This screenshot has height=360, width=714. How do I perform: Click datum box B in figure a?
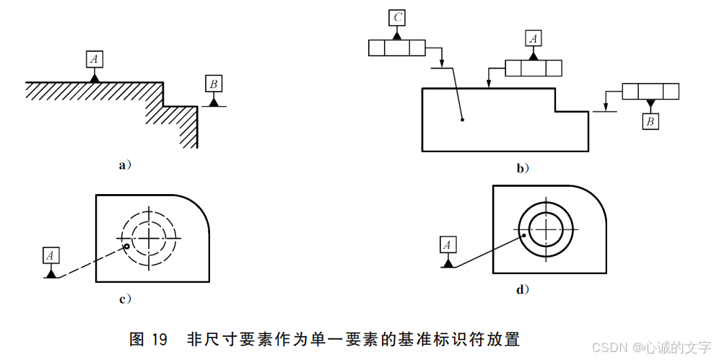pyautogui.click(x=213, y=84)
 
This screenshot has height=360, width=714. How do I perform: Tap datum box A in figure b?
pyautogui.click(x=533, y=38)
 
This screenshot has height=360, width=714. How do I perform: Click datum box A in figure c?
pyautogui.click(x=51, y=255)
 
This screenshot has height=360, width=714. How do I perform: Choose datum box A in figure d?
pyautogui.click(x=448, y=245)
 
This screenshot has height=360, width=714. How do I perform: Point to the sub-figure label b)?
pyautogui.click(x=523, y=169)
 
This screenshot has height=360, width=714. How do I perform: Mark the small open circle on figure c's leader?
pyautogui.click(x=127, y=247)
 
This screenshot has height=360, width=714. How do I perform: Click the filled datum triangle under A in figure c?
pyautogui.click(x=51, y=273)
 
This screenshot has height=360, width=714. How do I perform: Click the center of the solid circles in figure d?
pyautogui.click(x=547, y=231)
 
